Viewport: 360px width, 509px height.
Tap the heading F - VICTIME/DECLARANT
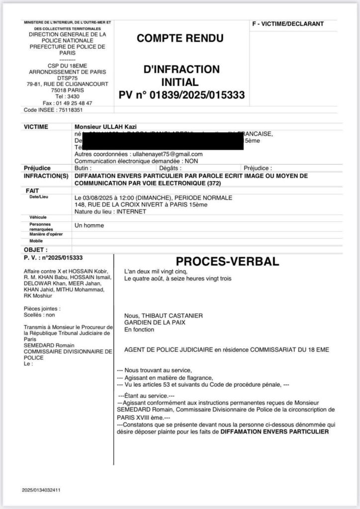[x=288, y=24]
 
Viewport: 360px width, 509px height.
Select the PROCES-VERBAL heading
[x=228, y=261]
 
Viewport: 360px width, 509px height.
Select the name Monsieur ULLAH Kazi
[x=100, y=127]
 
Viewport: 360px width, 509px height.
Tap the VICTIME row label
[x=36, y=127]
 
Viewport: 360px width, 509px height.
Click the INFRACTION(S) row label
[x=45, y=176]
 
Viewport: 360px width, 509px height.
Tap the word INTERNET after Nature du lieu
[x=132, y=211]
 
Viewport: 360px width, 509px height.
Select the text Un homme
[x=89, y=225]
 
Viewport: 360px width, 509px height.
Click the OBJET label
[x=36, y=250]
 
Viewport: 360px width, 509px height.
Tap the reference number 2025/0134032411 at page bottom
[x=41, y=490]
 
